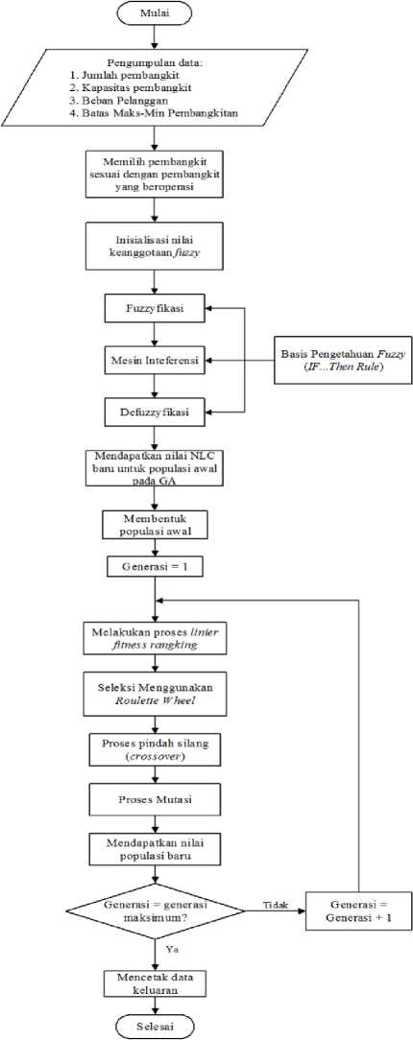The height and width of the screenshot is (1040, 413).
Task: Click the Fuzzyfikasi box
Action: (155, 308)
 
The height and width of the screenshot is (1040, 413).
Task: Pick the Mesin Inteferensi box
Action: (155, 361)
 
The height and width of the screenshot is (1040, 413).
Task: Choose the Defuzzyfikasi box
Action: (155, 413)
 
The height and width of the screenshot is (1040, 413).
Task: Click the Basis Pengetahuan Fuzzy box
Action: (336, 362)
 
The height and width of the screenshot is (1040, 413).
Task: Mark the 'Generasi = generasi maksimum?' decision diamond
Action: (155, 910)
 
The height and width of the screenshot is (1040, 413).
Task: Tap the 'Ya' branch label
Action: (173, 949)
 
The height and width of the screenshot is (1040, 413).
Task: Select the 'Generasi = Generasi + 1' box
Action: (358, 910)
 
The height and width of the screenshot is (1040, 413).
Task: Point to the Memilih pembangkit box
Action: (155, 173)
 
